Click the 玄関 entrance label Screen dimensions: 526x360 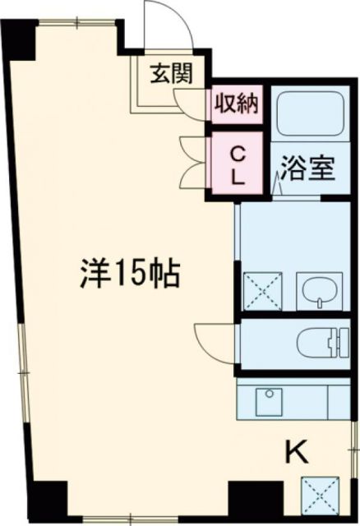171,74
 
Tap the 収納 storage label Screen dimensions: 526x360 236,104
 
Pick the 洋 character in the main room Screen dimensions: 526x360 95,273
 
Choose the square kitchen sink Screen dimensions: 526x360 266,401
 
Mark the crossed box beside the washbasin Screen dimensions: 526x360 261,288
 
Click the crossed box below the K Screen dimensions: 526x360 321,496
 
